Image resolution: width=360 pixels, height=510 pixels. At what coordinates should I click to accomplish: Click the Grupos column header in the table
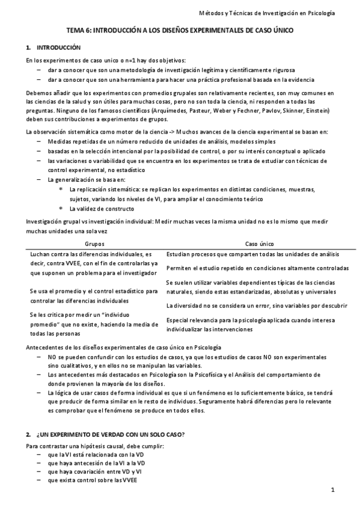[94, 244]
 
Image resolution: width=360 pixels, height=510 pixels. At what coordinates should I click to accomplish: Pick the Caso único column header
[260, 244]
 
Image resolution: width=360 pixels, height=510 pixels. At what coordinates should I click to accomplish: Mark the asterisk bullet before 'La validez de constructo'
[61, 209]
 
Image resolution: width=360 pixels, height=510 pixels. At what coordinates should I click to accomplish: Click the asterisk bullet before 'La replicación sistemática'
[61, 189]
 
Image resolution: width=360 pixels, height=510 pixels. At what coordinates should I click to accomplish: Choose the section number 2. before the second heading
[28, 434]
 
